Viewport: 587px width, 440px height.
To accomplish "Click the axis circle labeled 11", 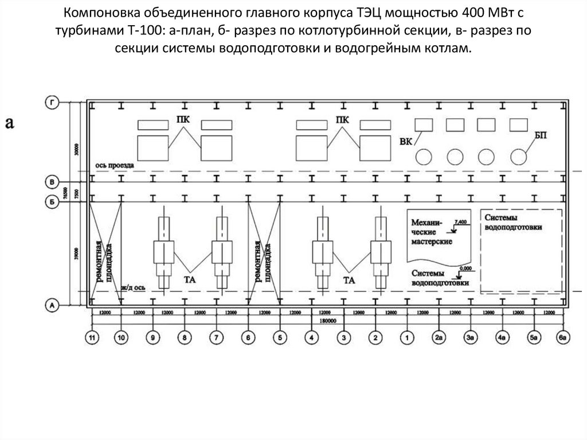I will pos(92,337).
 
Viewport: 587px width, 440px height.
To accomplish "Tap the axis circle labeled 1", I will pos(407,337).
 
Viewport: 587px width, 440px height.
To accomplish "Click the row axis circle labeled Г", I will pos(52,103).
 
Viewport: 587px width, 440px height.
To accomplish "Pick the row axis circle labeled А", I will pos(52,306).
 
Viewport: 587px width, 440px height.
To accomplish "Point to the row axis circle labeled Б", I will pos(52,201).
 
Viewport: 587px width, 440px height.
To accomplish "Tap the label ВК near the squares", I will pos(406,142).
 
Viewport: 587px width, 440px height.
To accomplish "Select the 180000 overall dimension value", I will pos(328,321).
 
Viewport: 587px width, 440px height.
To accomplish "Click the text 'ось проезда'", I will pos(115,165).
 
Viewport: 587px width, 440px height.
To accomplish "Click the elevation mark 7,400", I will pos(460,222).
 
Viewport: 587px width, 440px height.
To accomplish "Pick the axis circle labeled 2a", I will pos(439,337).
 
